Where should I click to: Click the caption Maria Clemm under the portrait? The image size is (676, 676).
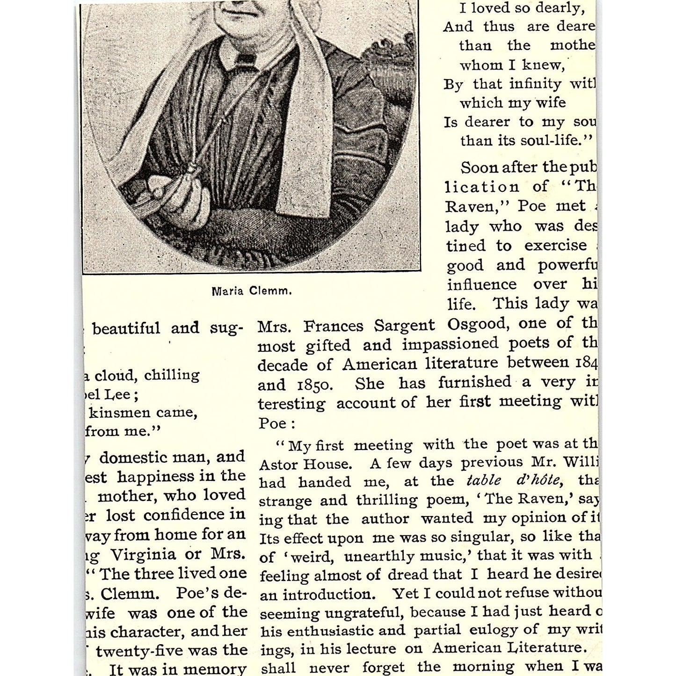point(252,291)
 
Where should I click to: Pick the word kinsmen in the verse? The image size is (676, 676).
point(119,413)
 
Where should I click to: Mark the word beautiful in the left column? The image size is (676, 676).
point(126,328)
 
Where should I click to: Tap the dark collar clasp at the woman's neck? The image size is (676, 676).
point(245,59)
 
